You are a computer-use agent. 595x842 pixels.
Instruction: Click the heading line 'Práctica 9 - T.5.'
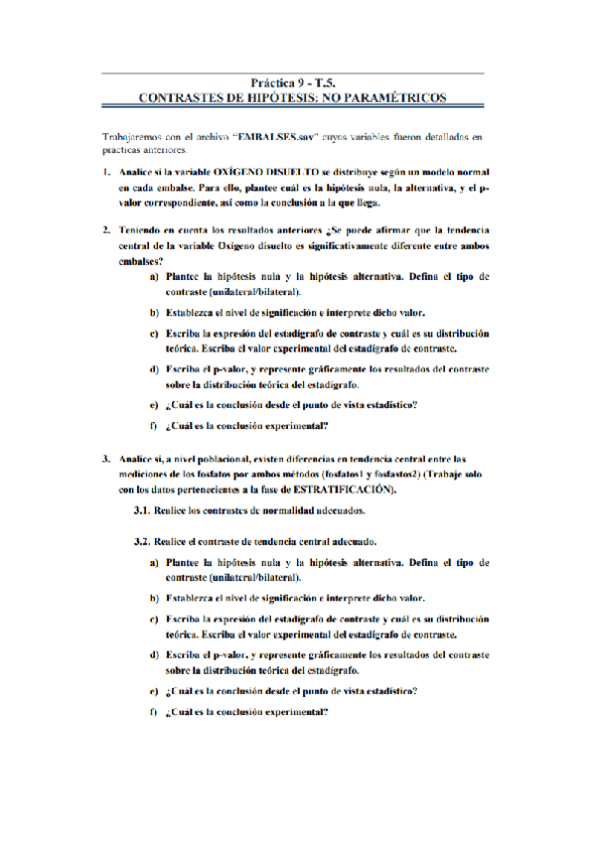click(298, 84)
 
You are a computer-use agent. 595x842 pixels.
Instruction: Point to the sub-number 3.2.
click(140, 543)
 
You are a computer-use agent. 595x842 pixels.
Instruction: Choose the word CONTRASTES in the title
click(182, 98)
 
